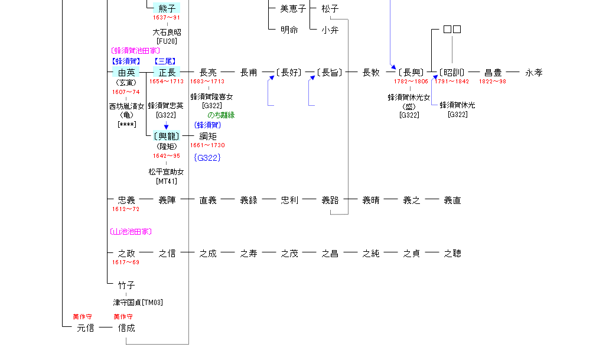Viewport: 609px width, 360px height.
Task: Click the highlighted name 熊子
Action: pyautogui.click(x=167, y=8)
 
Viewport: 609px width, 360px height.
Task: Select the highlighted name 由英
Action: pyautogui.click(x=126, y=73)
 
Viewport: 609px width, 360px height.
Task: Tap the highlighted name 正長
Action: pyautogui.click(x=167, y=73)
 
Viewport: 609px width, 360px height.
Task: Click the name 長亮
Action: pyautogui.click(x=208, y=73)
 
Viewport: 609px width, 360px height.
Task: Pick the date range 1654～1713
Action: pyautogui.click(x=167, y=82)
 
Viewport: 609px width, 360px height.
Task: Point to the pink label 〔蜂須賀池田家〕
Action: pyautogui.click(x=135, y=51)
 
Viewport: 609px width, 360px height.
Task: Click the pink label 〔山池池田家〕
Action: pyautogui.click(x=131, y=232)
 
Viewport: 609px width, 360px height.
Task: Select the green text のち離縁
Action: pyautogui.click(x=221, y=115)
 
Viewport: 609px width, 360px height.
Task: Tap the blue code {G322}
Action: pyautogui.click(x=207, y=158)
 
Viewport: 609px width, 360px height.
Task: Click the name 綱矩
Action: pyautogui.click(x=208, y=136)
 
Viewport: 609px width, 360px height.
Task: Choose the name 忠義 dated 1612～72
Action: pyautogui.click(x=126, y=200)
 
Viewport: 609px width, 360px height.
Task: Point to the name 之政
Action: pyautogui.click(x=126, y=254)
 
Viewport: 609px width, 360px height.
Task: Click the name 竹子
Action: pyautogui.click(x=126, y=286)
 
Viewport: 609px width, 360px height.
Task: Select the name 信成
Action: pyautogui.click(x=126, y=327)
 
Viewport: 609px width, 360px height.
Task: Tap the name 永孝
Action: pyautogui.click(x=534, y=73)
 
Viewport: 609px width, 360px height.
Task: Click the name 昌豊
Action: pyautogui.click(x=493, y=73)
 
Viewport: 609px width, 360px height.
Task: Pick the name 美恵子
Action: pyautogui.click(x=293, y=9)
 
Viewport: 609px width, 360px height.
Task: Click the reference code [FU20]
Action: pyautogui.click(x=167, y=41)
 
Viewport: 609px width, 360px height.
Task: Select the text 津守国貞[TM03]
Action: pyautogui.click(x=138, y=303)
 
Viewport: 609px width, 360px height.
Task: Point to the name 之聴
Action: pyautogui.click(x=452, y=254)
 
